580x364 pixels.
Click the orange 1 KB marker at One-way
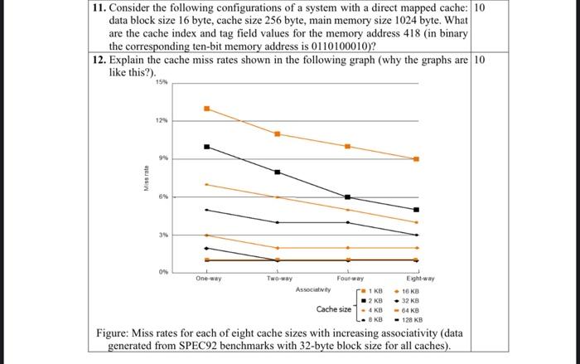(206, 109)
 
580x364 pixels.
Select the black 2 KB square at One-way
(206, 147)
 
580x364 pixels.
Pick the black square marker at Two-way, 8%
(278, 172)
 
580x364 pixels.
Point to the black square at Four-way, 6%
(347, 197)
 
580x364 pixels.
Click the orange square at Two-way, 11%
(278, 133)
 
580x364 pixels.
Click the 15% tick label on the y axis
(160, 82)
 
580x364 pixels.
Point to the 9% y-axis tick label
(163, 158)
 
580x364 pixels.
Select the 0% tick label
(163, 272)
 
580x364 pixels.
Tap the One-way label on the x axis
(207, 280)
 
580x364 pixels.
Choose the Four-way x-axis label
(348, 280)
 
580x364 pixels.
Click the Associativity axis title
(313, 290)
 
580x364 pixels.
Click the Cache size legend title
(333, 308)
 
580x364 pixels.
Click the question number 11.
(97, 7)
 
